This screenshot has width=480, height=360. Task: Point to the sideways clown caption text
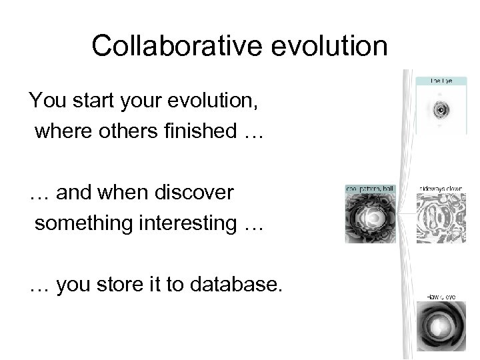pos(437,189)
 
